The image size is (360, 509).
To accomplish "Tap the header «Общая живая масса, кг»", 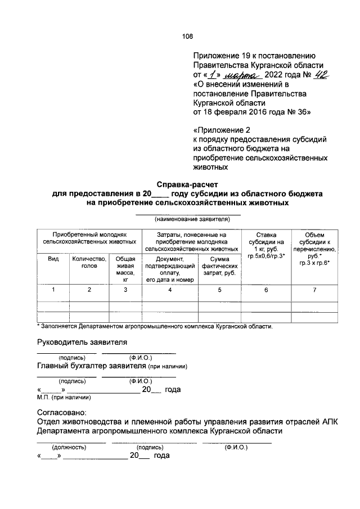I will (x=125, y=267).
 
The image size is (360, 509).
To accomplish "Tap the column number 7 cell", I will (x=314, y=290).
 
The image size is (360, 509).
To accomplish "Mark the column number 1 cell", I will (x=53, y=290).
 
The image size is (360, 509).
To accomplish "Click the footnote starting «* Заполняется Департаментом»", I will (x=155, y=326).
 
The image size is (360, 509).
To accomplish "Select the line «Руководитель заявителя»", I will (x=82, y=342).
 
